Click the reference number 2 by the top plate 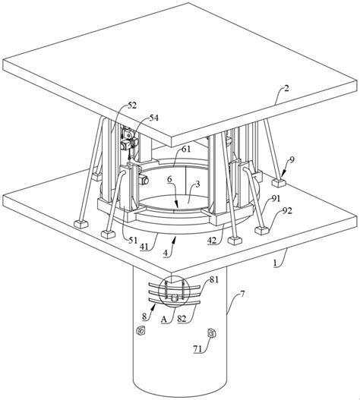pos(286,89)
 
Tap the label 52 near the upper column pos(132,105)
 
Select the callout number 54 pos(153,118)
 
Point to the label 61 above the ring pos(186,149)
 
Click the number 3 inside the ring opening pos(197,184)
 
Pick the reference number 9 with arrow pos(292,159)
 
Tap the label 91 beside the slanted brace pos(276,198)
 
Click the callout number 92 pos(287,211)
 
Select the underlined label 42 pos(212,241)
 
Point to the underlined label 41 pos(144,246)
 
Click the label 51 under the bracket pos(133,240)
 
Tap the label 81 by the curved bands pos(214,279)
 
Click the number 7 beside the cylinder pos(242,294)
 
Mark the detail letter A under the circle pos(164,319)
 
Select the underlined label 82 pos(182,319)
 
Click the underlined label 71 pos(197,349)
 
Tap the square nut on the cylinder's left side pos(141,331)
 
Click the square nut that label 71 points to pos(212,333)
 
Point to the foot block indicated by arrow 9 pos(279,182)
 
